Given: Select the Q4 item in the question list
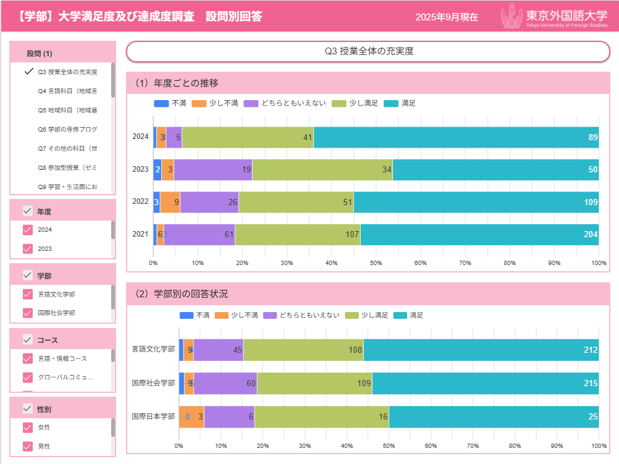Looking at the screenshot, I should click(x=67, y=91).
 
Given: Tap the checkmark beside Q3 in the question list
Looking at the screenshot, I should click(x=28, y=71).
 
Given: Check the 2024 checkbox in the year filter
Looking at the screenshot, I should click(x=27, y=230).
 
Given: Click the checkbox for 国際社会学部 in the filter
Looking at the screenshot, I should click(x=27, y=313).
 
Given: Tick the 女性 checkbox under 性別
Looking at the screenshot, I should click(x=27, y=428).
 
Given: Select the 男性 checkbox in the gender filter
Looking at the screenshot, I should click(x=27, y=446).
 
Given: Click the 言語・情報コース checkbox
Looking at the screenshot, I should click(x=27, y=358).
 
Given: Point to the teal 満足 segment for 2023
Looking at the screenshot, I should click(x=494, y=169).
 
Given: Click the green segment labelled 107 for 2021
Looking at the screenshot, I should click(x=297, y=234).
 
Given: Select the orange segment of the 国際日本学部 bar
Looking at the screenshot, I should click(x=192, y=416).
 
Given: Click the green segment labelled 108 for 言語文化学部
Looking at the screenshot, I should click(x=303, y=350).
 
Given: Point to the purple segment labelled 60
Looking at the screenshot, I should click(x=225, y=383).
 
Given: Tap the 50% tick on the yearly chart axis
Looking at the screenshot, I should click(x=376, y=263).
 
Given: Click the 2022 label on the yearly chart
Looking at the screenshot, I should click(x=140, y=201).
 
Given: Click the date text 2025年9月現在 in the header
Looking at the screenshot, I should click(x=447, y=17).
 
